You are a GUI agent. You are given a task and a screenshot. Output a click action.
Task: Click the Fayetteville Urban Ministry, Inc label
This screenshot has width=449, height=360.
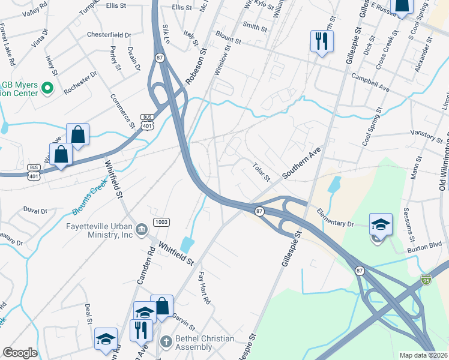99,230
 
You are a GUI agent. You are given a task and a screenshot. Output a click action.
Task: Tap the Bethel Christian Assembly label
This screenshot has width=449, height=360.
206,343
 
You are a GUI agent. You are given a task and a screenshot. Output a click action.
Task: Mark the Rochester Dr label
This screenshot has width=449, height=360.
80,83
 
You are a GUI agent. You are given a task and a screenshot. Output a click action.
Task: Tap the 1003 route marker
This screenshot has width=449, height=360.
160,222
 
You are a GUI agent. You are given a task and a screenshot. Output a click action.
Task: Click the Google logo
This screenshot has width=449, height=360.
20,353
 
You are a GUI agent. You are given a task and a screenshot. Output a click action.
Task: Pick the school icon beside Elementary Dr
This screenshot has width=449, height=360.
380,224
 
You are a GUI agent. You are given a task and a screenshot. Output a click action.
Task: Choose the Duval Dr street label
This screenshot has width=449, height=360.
35,211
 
